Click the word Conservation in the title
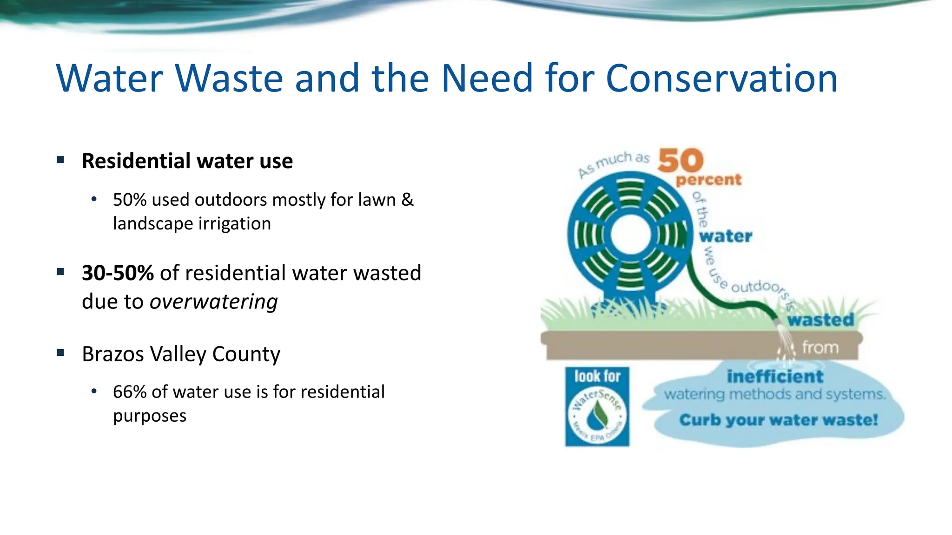coord(721,78)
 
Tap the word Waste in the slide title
coord(229,78)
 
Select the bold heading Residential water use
coord(187,161)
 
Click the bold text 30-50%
coord(118,273)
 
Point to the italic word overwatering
coord(213,302)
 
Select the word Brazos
coord(113,354)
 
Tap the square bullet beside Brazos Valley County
coord(60,353)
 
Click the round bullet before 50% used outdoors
coord(94,200)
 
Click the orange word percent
coord(708,179)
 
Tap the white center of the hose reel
coord(630,235)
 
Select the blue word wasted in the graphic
coord(820,320)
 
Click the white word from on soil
coord(820,347)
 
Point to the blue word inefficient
coord(775,376)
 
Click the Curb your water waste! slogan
coord(778,420)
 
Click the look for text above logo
coord(597,376)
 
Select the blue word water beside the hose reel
coord(725,236)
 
